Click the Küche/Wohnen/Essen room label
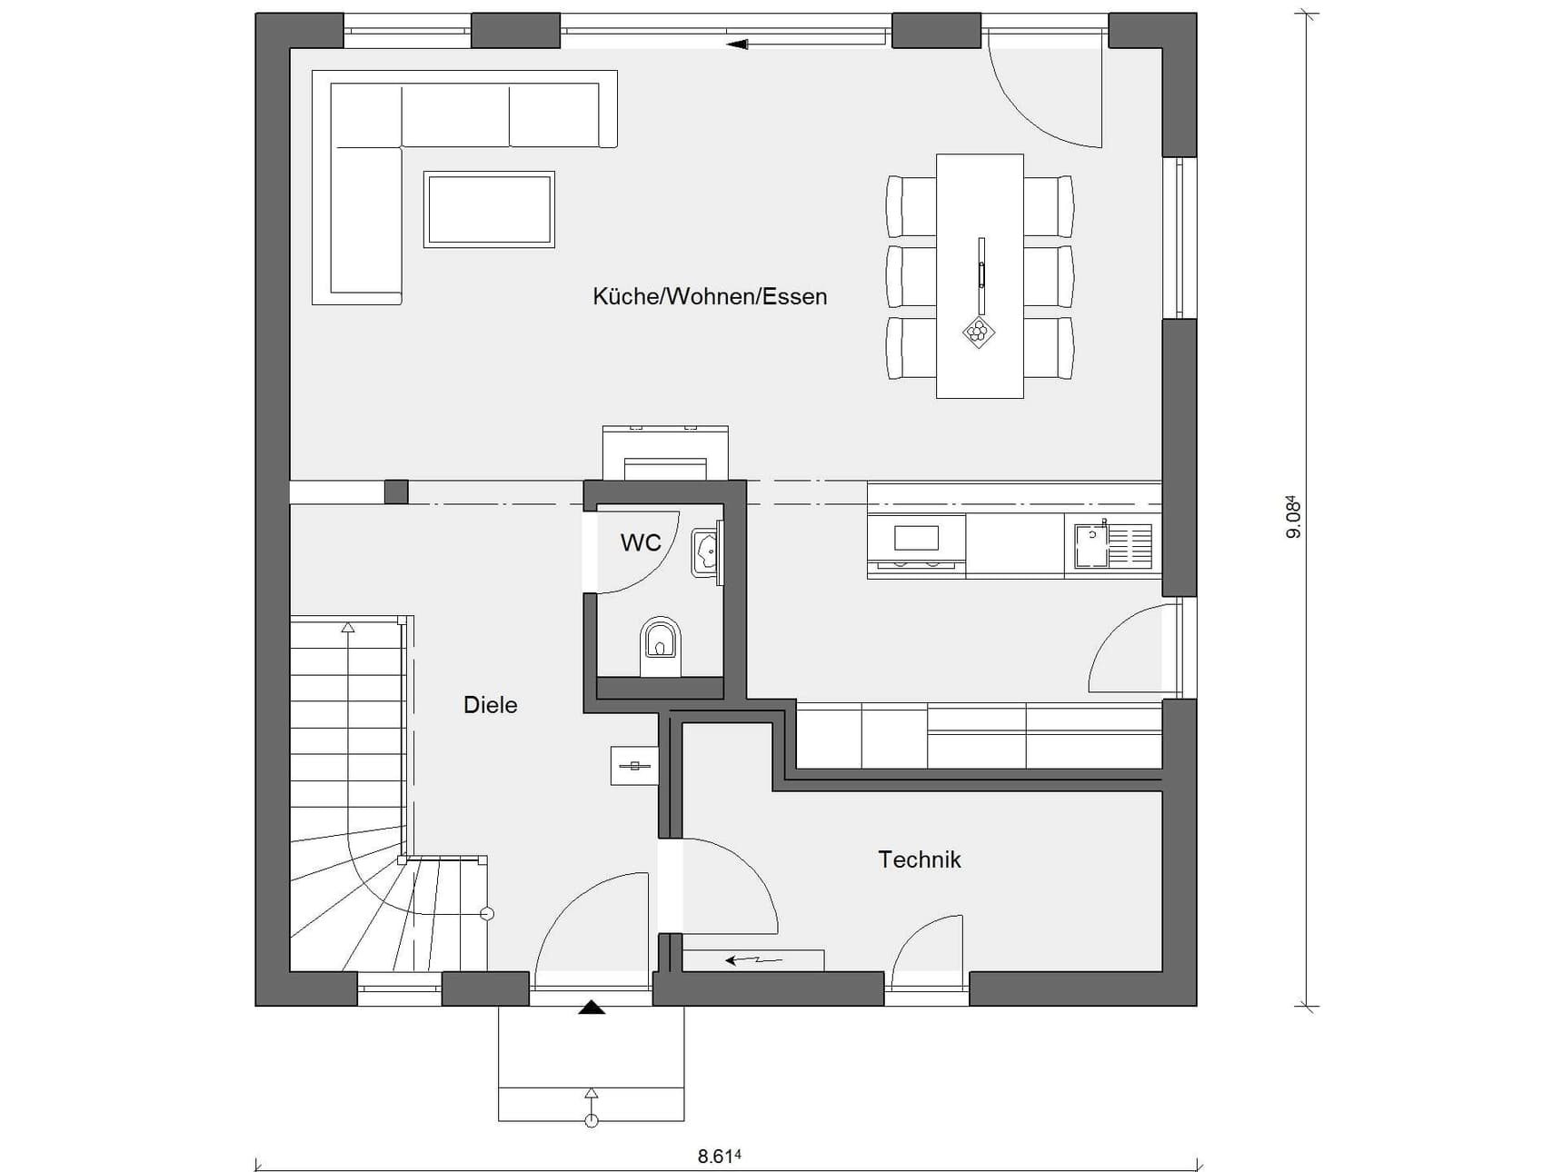(710, 296)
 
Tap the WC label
(641, 543)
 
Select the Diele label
(491, 705)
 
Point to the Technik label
(920, 859)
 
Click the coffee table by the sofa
(489, 209)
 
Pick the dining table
(980, 276)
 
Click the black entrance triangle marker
(592, 1007)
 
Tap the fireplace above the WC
(665, 452)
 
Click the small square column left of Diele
(396, 492)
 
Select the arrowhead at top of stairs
(347, 627)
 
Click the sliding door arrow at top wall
(737, 43)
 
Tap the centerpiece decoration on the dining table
(979, 332)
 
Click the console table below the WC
(633, 766)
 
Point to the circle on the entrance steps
(592, 1121)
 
